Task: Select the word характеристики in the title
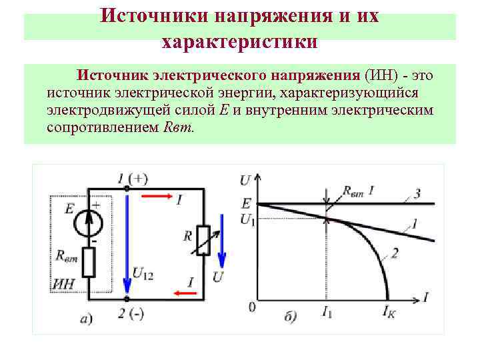239,42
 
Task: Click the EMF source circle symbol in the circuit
89,221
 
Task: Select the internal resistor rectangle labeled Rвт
89,263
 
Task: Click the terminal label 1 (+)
132,178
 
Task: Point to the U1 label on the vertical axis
247,218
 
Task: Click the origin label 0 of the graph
251,307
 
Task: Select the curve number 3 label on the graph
416,194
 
